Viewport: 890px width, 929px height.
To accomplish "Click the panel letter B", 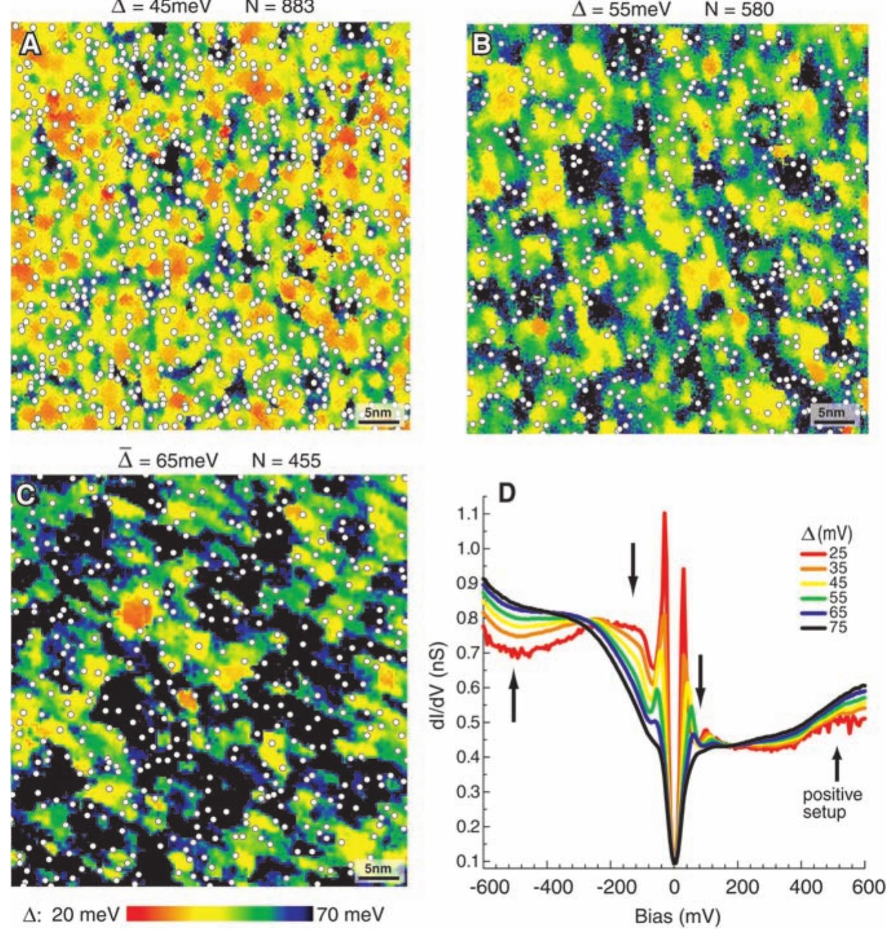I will click(483, 44).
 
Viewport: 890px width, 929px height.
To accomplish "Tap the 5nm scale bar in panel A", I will click(378, 414).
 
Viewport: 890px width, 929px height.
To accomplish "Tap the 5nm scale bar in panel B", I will click(832, 414).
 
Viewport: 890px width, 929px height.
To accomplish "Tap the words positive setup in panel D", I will click(832, 802).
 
